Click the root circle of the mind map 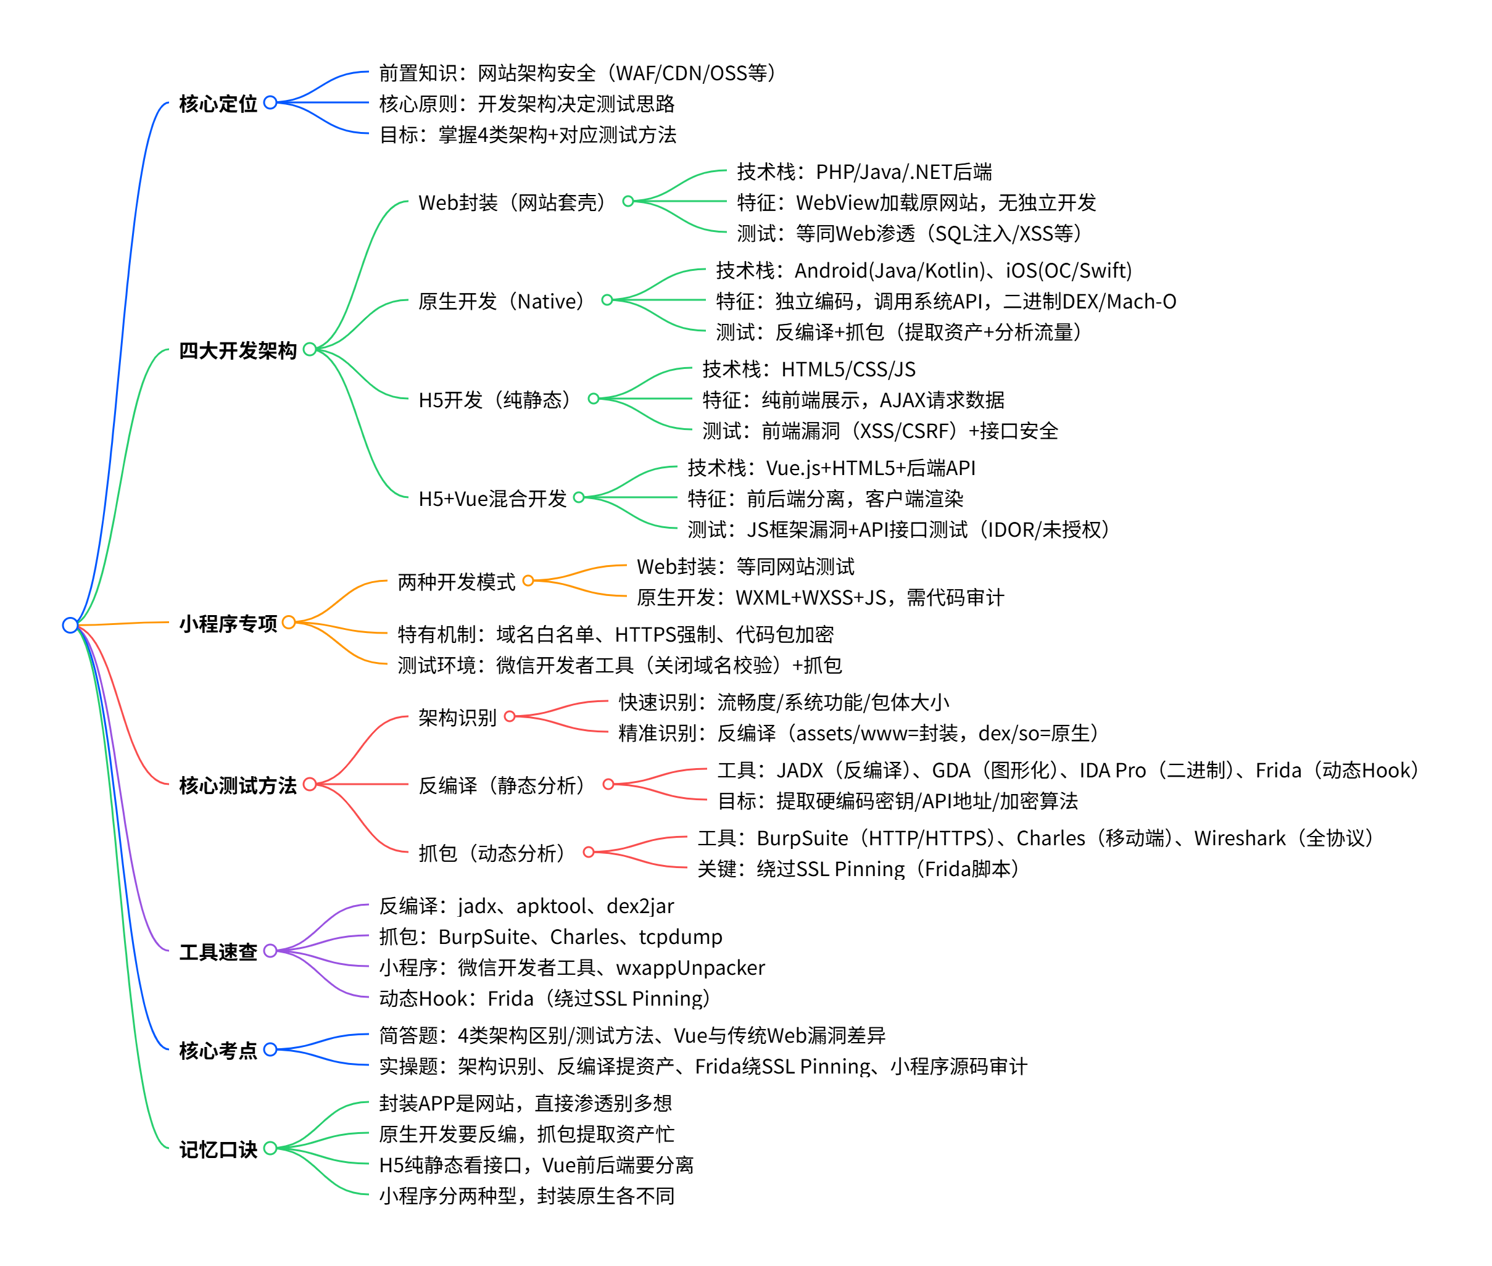tap(70, 625)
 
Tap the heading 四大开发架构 tap(238, 350)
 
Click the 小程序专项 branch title tap(228, 623)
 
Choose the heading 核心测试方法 tap(238, 785)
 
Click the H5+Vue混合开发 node tap(492, 498)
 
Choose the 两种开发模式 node tap(457, 581)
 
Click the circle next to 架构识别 tap(510, 716)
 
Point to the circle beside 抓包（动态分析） tap(589, 852)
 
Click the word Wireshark tap(1240, 838)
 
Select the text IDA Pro tap(1113, 770)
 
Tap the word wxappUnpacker tap(690, 967)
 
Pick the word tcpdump tap(681, 937)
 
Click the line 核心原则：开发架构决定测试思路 tap(527, 104)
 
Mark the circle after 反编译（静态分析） tap(608, 784)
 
